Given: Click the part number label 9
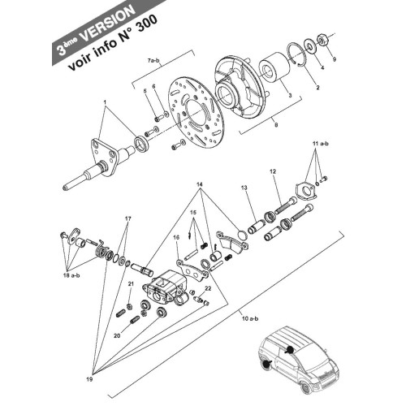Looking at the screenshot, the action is click(334, 59).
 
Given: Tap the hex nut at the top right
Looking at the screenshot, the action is click(322, 41).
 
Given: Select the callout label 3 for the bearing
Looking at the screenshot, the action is click(290, 95).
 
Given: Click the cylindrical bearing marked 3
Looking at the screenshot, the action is click(274, 68).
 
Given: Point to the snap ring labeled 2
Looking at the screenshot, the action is click(297, 54).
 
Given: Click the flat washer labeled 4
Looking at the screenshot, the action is click(309, 46).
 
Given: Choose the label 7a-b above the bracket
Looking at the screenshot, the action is click(154, 61).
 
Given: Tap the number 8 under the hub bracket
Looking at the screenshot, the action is click(276, 125).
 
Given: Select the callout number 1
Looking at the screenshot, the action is click(105, 102).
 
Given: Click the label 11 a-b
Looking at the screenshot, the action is click(321, 144).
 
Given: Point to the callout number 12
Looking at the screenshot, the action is click(273, 171).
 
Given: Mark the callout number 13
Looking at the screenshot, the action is click(244, 188).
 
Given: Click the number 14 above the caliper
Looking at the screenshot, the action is click(200, 184).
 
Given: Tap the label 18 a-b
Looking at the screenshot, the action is click(71, 276).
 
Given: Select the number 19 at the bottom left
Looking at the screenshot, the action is click(89, 379).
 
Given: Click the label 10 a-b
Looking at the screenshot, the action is click(250, 318).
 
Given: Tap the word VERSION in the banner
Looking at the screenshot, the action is click(107, 23).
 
